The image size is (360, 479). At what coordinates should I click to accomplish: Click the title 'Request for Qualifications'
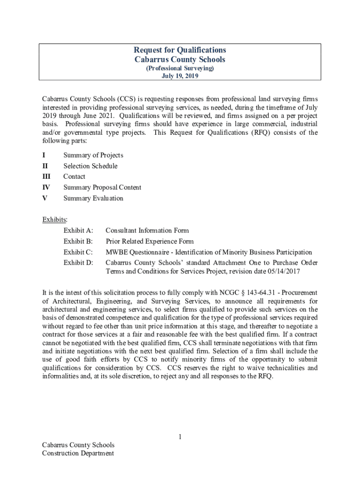point(180,50)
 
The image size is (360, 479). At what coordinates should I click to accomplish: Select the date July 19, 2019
point(180,76)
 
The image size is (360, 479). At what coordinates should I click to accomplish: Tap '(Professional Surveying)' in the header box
point(180,68)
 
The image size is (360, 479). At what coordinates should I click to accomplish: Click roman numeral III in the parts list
point(46,177)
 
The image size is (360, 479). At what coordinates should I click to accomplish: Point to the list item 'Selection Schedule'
point(90,166)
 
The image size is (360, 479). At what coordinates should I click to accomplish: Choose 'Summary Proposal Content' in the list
point(102,188)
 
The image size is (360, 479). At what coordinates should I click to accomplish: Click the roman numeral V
point(44,198)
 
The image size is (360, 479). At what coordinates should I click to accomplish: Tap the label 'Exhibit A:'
point(78,231)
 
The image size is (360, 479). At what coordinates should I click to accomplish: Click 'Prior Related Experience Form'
point(149,241)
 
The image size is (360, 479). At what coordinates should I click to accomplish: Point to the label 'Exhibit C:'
point(78,253)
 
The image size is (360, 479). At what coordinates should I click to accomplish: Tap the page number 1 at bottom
point(180,437)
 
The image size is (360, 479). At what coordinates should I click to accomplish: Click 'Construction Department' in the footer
point(78,453)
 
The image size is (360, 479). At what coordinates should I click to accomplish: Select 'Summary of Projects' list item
point(93,155)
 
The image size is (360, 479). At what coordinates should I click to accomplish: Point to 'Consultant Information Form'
point(147,231)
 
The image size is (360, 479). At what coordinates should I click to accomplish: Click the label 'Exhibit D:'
point(78,263)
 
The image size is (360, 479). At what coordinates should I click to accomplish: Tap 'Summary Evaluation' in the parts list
point(93,198)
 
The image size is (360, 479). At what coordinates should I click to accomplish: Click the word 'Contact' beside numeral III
point(74,177)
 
